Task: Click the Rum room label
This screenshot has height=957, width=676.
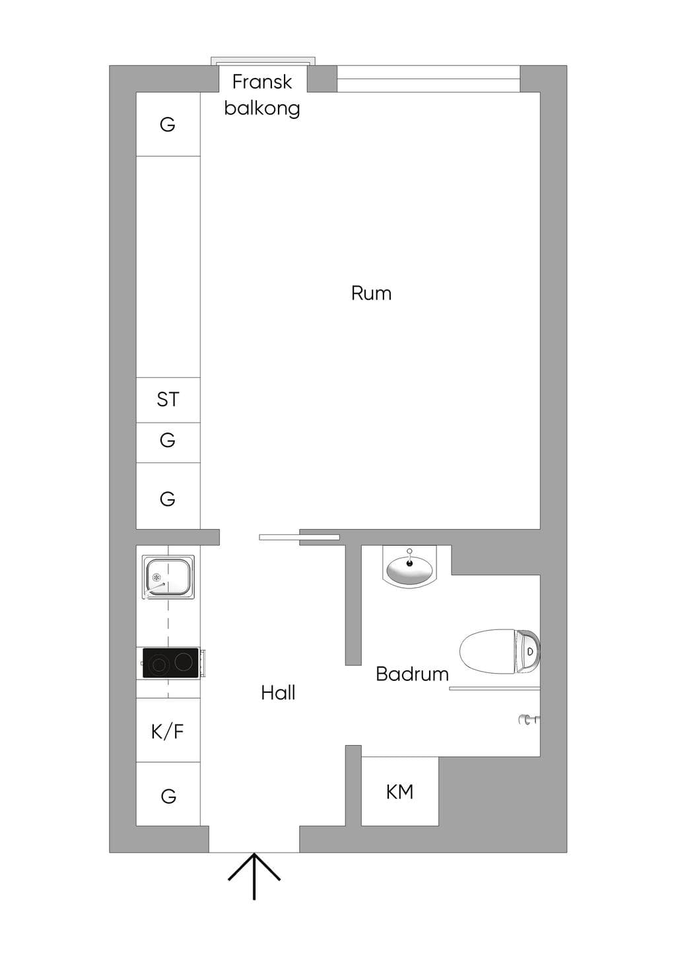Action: pos(371,293)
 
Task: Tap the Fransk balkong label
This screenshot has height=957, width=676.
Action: pos(262,95)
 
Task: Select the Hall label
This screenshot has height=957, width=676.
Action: pos(278,693)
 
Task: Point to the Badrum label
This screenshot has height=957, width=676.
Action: pos(412,674)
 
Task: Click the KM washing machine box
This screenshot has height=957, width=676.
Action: pos(399,792)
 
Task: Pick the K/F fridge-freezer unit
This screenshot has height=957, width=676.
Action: pos(168,731)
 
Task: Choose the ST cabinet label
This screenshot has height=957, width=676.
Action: pos(168,400)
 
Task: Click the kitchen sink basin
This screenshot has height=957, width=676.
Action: pos(168,576)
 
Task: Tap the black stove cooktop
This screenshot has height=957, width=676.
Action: pos(171,662)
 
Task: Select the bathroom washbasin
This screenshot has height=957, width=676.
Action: pos(410,567)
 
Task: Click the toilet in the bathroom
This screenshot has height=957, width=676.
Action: pos(500,651)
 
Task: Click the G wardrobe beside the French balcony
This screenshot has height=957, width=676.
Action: pos(168,124)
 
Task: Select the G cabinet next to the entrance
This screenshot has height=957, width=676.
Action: pos(168,794)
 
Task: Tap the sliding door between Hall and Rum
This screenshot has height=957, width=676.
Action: pos(299,537)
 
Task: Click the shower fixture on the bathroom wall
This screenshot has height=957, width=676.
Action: pos(529,721)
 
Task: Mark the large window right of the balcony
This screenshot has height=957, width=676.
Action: pos(428,79)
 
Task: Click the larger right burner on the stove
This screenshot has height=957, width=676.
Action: pos(184,662)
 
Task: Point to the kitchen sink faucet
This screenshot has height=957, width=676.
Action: pos(154,588)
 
